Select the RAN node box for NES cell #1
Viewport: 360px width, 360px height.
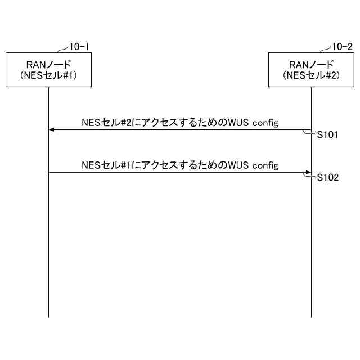[x=48, y=70]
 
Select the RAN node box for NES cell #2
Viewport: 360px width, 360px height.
[x=311, y=70]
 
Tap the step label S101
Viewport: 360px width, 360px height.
[x=327, y=135]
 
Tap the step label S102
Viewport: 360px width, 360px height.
[x=327, y=178]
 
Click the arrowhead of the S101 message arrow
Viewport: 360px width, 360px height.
[x=51, y=130]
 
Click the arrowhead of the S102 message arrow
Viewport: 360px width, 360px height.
[x=308, y=173]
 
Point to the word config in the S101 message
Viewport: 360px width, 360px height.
[x=265, y=123]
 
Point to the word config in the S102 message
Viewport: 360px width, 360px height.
[x=265, y=165]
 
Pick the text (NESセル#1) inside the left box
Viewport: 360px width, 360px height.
[x=48, y=75]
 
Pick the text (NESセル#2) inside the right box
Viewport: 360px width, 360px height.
[x=311, y=75]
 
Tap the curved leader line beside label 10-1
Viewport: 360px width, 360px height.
[x=62, y=49]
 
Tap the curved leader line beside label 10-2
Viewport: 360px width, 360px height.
[x=326, y=49]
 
